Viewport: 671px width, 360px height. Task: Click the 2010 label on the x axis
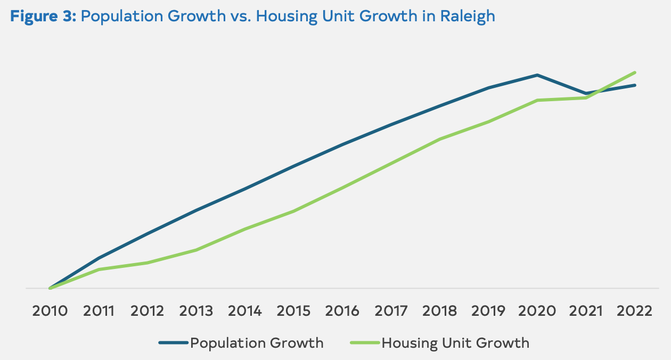pyautogui.click(x=50, y=311)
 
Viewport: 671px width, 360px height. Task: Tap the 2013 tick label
pyautogui.click(x=197, y=311)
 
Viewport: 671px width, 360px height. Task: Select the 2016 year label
pyautogui.click(x=342, y=311)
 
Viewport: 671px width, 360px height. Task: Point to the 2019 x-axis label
pyautogui.click(x=489, y=311)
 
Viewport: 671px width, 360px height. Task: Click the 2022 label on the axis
pyautogui.click(x=635, y=311)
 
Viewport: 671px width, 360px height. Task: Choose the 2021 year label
pyautogui.click(x=586, y=311)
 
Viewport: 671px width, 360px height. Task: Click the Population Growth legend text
pyautogui.click(x=257, y=343)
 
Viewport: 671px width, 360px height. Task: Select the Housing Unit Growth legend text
pyautogui.click(x=455, y=343)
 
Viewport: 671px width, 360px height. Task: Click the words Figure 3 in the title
pyautogui.click(x=43, y=16)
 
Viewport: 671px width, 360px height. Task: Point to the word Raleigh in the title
pyautogui.click(x=468, y=16)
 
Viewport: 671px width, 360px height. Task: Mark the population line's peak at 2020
pyautogui.click(x=537, y=75)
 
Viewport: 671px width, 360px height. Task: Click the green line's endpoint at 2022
pyautogui.click(x=635, y=72)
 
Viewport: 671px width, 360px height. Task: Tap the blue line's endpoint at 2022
pyautogui.click(x=635, y=85)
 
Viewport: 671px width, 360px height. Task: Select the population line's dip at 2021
pyautogui.click(x=586, y=93)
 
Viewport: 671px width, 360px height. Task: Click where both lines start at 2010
pyautogui.click(x=50, y=288)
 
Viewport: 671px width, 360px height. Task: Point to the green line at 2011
pyautogui.click(x=99, y=269)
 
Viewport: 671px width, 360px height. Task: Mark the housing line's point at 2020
pyautogui.click(x=537, y=100)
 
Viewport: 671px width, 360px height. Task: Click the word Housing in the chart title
pyautogui.click(x=283, y=16)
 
